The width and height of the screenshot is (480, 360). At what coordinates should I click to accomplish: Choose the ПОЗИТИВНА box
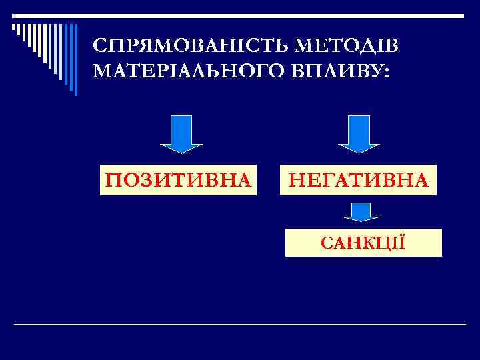(177, 180)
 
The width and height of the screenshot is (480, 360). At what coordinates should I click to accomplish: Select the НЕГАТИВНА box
(358, 180)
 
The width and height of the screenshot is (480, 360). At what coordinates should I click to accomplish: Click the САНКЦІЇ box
(363, 243)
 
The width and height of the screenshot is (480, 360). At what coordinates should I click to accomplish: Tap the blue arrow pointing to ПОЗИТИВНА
(181, 133)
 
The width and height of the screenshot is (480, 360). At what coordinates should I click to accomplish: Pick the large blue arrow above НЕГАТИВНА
(359, 133)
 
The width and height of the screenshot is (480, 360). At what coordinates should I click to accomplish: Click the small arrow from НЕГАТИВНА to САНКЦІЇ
(361, 212)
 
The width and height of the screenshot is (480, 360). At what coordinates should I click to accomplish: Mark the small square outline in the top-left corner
(14, 27)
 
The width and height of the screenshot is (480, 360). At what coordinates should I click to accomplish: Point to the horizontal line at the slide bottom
(240, 324)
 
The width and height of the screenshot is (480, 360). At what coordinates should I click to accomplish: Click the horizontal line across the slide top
(240, 15)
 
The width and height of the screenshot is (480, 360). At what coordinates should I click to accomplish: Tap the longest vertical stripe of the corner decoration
(75, 59)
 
